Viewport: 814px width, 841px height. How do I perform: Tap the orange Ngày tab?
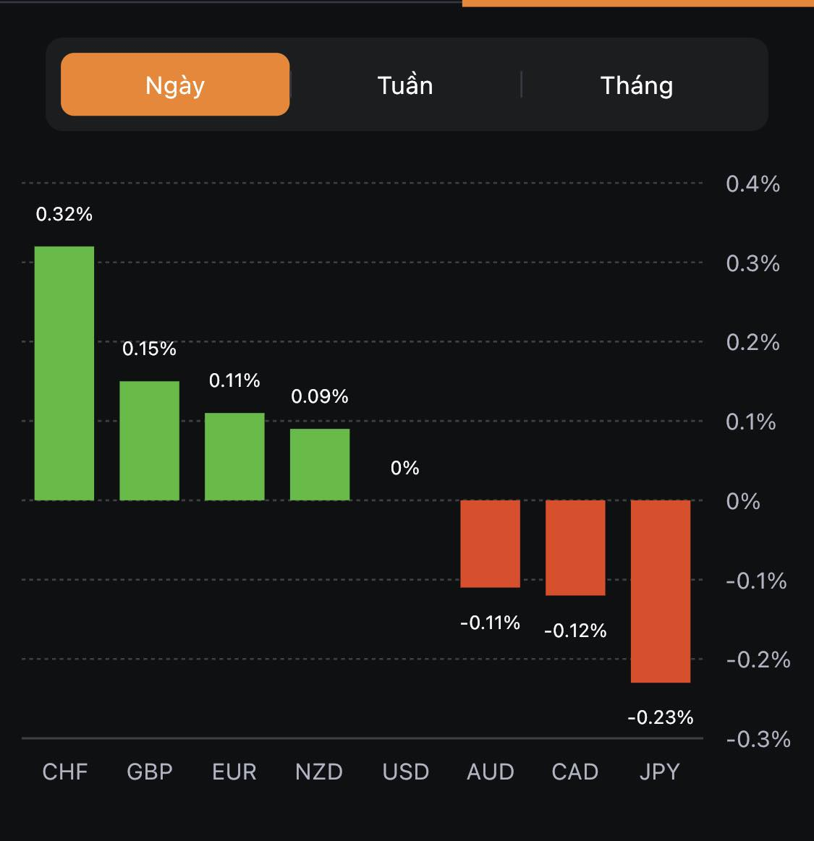click(175, 85)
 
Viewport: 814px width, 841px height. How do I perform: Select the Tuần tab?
click(405, 85)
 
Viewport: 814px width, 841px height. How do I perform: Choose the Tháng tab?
click(637, 85)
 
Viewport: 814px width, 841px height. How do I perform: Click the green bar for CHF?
click(64, 373)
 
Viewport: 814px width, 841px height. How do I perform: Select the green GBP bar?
click(149, 440)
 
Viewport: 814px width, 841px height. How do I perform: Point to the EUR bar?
click(234, 456)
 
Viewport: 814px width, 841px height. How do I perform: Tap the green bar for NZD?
click(320, 464)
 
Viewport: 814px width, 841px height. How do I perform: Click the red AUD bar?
click(491, 543)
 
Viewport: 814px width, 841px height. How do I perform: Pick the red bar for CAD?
click(575, 547)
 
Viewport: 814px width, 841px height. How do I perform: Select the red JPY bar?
click(661, 591)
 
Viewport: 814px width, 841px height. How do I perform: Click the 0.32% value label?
click(64, 214)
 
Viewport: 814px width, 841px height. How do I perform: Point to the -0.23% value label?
click(661, 717)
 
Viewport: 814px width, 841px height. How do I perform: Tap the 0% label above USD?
click(405, 468)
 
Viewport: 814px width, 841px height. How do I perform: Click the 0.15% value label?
click(149, 349)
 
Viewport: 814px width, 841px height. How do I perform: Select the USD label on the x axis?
click(406, 772)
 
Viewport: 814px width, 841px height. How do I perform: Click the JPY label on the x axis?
click(660, 772)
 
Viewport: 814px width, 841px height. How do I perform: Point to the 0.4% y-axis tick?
click(752, 184)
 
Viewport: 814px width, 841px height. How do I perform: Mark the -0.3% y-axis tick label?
click(758, 739)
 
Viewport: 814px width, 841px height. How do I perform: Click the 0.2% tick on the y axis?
click(752, 342)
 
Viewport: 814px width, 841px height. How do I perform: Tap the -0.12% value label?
click(575, 631)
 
